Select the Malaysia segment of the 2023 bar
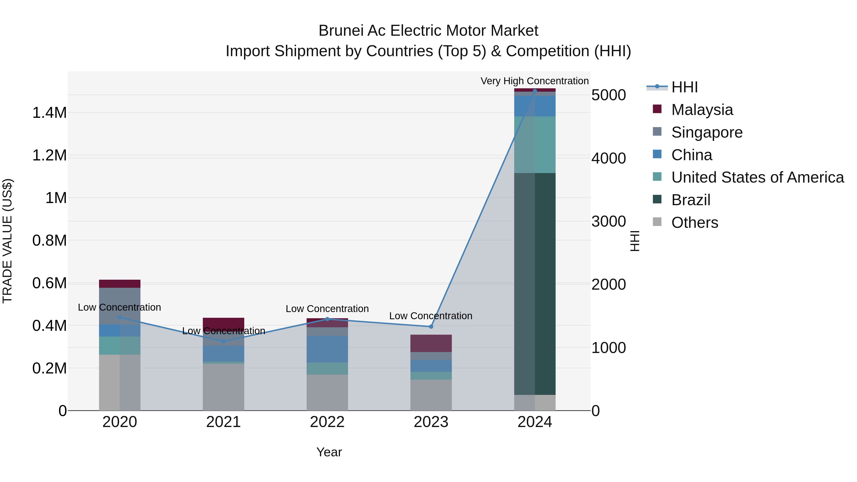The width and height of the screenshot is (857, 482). pyautogui.click(x=431, y=343)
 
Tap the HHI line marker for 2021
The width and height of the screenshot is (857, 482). pyautogui.click(x=223, y=341)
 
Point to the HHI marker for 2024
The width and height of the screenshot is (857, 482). pyautogui.click(x=535, y=91)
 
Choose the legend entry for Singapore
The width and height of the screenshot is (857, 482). pyautogui.click(x=707, y=132)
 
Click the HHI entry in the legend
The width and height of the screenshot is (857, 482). pyautogui.click(x=684, y=87)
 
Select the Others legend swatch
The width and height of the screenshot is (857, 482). pyautogui.click(x=657, y=222)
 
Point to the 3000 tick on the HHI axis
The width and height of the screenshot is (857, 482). pyautogui.click(x=608, y=222)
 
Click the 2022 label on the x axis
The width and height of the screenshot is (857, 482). pyautogui.click(x=327, y=422)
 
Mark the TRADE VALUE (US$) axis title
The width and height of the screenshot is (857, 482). pyautogui.click(x=8, y=241)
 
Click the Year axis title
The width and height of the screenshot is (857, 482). pyautogui.click(x=329, y=452)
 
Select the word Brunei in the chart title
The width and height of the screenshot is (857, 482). pyautogui.click(x=341, y=31)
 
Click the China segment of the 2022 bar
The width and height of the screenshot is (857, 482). pyautogui.click(x=327, y=349)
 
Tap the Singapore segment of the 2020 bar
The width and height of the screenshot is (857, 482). pyautogui.click(x=120, y=306)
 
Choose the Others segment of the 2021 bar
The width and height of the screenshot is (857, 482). pyautogui.click(x=223, y=387)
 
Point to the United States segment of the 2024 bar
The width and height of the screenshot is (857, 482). pyautogui.click(x=535, y=144)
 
